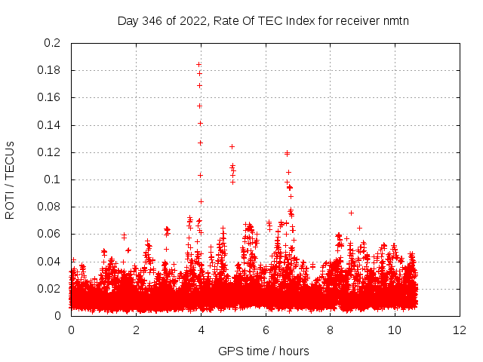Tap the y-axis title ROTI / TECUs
click(x=10, y=179)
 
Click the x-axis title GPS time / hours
click(x=263, y=351)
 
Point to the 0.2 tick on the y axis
click(x=52, y=43)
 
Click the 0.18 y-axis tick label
click(x=49, y=70)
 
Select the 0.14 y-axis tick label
click(x=49, y=125)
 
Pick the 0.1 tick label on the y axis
click(x=52, y=179)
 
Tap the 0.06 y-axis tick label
click(x=49, y=234)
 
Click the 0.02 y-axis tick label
click(x=49, y=289)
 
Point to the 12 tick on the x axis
click(x=460, y=330)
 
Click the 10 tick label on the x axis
click(x=395, y=330)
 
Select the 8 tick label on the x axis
click(x=330, y=330)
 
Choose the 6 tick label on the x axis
click(x=266, y=330)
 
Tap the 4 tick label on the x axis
click(x=201, y=330)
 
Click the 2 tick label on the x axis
click(x=136, y=330)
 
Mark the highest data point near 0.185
click(x=198, y=64)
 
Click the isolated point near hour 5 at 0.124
click(x=232, y=146)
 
